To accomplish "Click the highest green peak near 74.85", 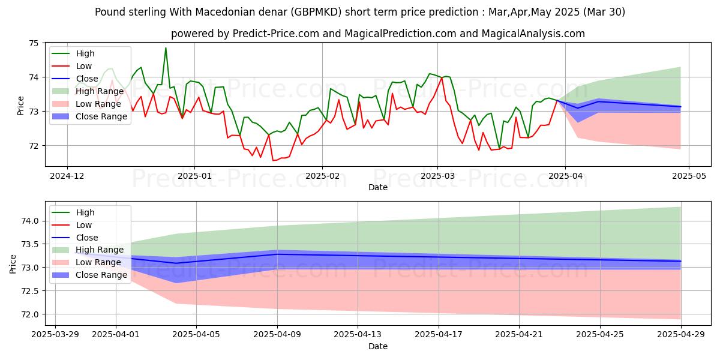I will click(x=166, y=48).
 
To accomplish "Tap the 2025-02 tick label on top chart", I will click(x=322, y=177).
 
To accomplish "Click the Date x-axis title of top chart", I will click(x=377, y=188).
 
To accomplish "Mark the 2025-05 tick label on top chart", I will click(x=689, y=177).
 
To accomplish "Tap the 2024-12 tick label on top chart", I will click(x=67, y=177).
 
